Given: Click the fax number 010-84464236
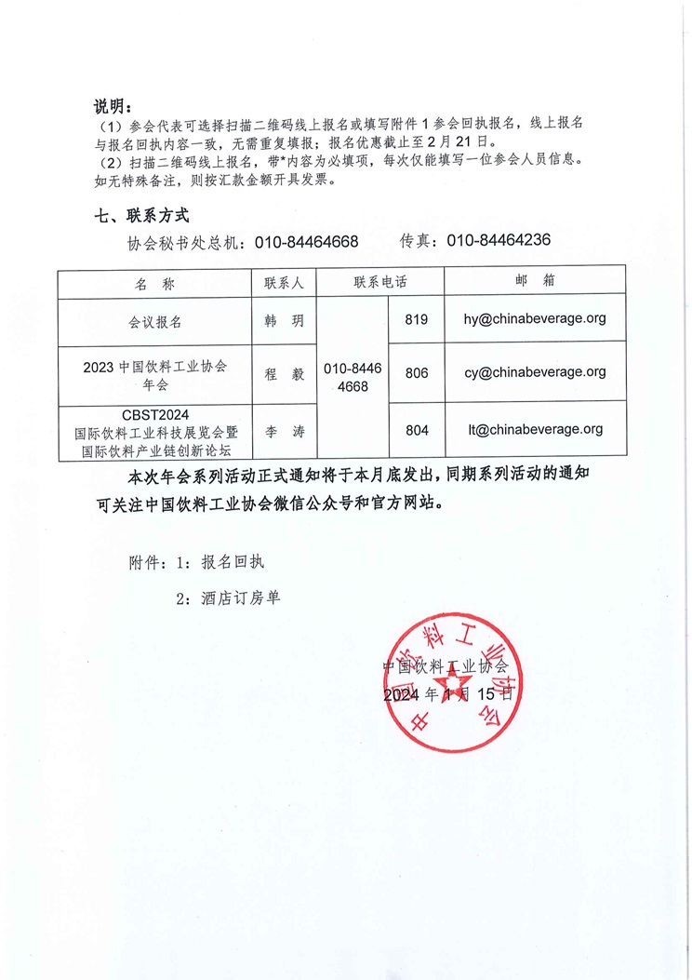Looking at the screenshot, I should point(499,240).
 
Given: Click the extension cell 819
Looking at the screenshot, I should point(417,319).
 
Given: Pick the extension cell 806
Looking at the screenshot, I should point(417,372).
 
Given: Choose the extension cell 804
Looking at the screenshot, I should point(417,430).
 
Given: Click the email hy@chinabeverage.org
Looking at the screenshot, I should point(535,318).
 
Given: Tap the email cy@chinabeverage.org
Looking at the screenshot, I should point(535,371).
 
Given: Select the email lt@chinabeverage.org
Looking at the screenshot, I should point(536,429).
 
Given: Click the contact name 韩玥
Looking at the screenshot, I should point(284,320).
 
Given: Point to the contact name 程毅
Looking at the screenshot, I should point(284,373).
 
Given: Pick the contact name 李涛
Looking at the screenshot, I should point(284,431).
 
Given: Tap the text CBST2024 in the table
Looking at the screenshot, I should point(154,416).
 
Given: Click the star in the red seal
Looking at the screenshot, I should point(451,693).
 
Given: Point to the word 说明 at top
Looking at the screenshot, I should point(110,103).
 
